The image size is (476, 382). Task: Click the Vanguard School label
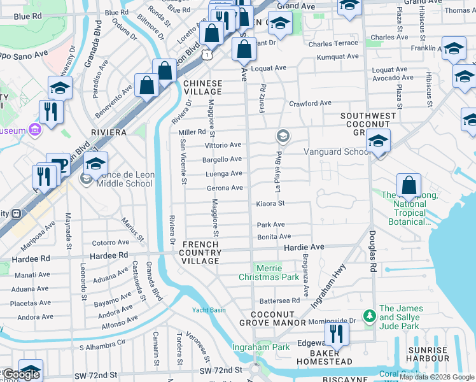337,152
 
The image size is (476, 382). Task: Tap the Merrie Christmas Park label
269,272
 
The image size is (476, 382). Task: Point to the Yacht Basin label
209,310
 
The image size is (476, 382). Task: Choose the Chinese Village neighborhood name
202,88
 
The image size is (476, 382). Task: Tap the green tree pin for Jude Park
368,316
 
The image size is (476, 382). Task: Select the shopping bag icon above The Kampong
409,186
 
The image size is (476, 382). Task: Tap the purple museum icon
35,131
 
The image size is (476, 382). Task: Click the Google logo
20,374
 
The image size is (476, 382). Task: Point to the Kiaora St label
270,204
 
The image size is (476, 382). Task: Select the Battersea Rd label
279,301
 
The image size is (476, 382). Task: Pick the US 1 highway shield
207,56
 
